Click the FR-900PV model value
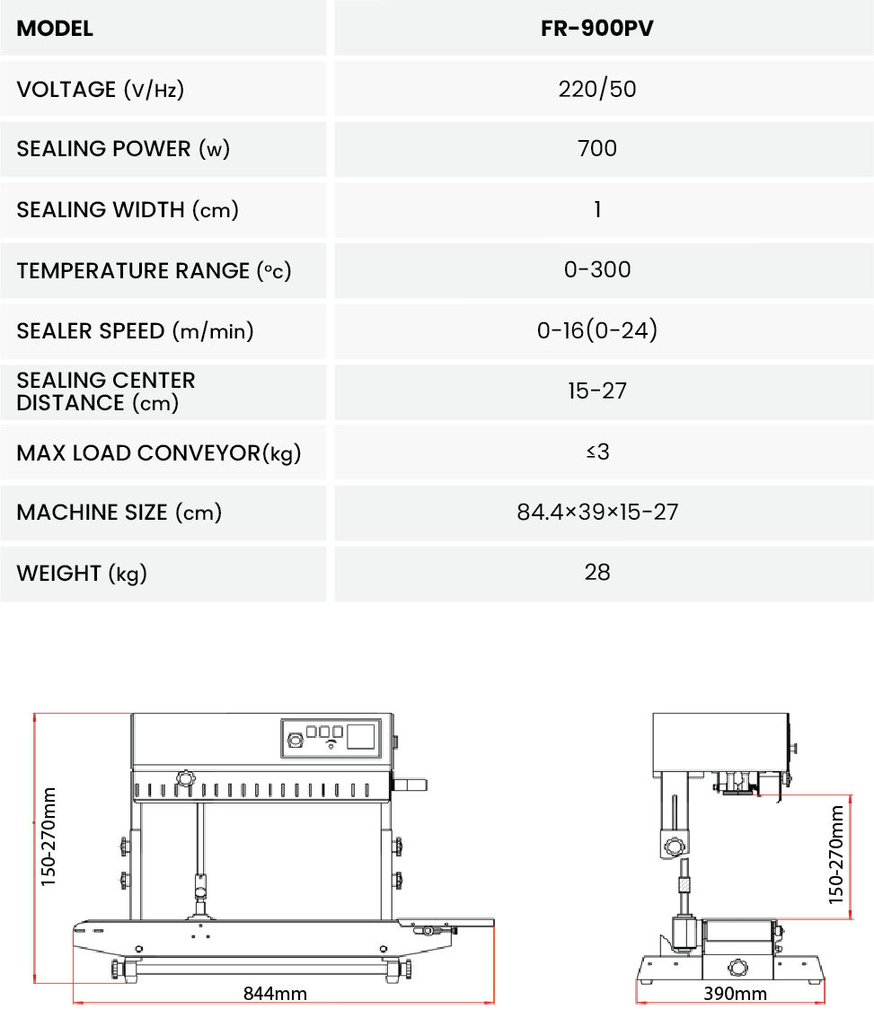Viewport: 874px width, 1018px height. (597, 28)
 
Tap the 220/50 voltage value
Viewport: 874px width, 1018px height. (597, 89)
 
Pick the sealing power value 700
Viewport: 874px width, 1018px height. (597, 148)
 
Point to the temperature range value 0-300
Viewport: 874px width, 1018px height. (597, 269)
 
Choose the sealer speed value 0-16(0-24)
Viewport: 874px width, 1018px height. (597, 330)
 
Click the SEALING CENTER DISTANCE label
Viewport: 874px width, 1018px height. (106, 391)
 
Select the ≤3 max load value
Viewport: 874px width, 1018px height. (597, 452)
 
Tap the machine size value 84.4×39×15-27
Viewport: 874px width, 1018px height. (597, 512)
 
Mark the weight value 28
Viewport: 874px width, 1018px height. (597, 572)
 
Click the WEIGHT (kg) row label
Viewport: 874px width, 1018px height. (82, 573)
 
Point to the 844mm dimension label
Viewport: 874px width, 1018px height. (275, 993)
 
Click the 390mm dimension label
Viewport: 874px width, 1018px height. (735, 993)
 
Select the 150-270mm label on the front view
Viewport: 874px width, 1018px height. (49, 837)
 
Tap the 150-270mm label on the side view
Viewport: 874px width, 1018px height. (836, 854)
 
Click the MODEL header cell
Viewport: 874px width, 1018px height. (55, 28)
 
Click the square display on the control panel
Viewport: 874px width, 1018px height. (361, 737)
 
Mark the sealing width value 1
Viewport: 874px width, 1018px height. (597, 209)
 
